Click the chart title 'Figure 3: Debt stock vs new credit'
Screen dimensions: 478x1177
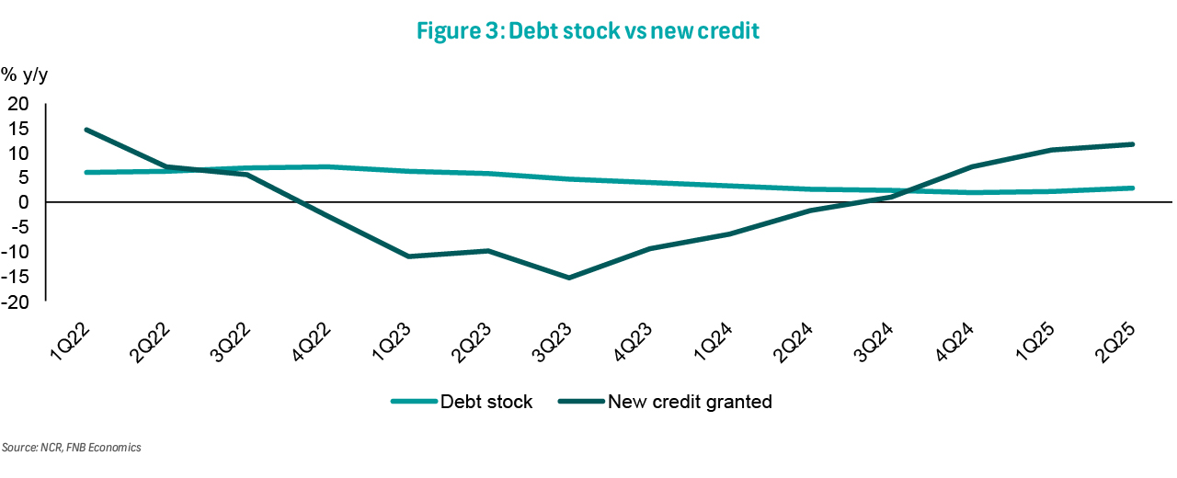tap(588, 30)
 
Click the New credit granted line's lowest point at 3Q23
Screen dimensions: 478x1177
tap(569, 278)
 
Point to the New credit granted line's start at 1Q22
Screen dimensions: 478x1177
tap(86, 130)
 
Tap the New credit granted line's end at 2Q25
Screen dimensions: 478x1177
tap(1133, 144)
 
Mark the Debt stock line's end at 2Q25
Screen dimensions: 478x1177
tap(1133, 188)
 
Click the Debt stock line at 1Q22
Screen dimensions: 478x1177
tap(86, 172)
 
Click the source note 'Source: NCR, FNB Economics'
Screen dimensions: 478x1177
tap(72, 448)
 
